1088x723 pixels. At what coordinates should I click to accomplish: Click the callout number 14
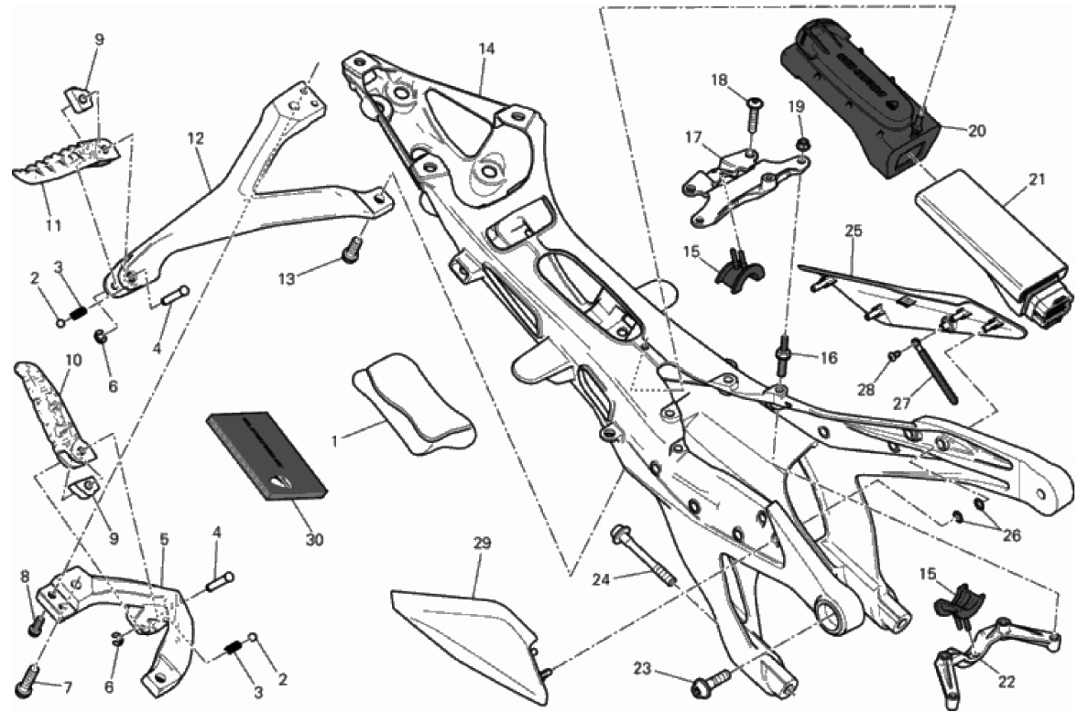(486, 49)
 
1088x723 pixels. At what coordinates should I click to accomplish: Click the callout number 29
(482, 543)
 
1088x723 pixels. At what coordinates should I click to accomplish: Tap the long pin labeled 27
(932, 372)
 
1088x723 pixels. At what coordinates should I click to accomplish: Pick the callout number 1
(335, 440)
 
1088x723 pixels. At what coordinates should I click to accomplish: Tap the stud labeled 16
(785, 358)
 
